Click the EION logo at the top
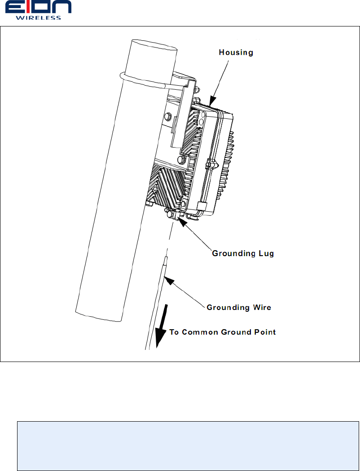[x=38, y=8]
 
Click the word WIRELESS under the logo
[x=38, y=18]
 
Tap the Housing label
[x=236, y=52]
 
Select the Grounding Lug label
[x=242, y=253]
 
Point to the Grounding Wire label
[x=238, y=307]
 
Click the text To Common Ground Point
[x=222, y=332]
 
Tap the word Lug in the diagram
[x=266, y=253]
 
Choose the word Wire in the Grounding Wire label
[x=261, y=307]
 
